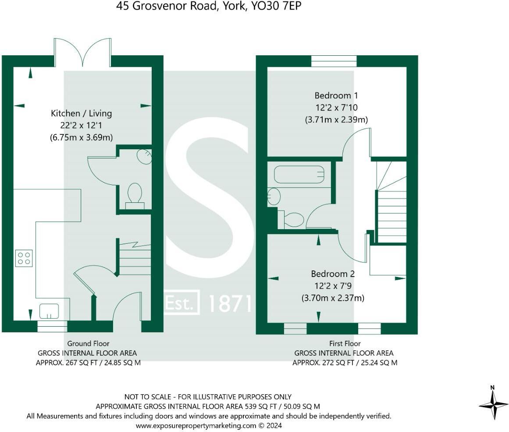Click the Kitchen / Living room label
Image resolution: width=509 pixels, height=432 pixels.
coord(81,113)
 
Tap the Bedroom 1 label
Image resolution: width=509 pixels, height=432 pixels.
coord(333,95)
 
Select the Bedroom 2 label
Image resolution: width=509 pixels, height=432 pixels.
coord(333,274)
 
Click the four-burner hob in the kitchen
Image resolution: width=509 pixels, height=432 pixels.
coord(24,258)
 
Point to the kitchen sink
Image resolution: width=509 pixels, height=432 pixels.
coord(49,311)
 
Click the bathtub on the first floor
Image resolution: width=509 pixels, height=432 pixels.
coord(299,174)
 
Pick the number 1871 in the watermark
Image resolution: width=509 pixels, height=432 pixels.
coord(230,303)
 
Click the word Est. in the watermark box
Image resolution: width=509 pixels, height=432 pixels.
coord(181,302)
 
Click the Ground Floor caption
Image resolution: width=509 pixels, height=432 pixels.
coord(88,343)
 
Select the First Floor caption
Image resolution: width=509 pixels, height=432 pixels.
coord(345,343)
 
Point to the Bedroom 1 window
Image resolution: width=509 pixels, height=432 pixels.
coord(334,61)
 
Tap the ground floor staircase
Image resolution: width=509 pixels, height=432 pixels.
coord(135,259)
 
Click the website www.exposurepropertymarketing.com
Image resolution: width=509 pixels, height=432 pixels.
coord(196,425)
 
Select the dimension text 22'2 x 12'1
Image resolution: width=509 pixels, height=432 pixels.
coord(81,125)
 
